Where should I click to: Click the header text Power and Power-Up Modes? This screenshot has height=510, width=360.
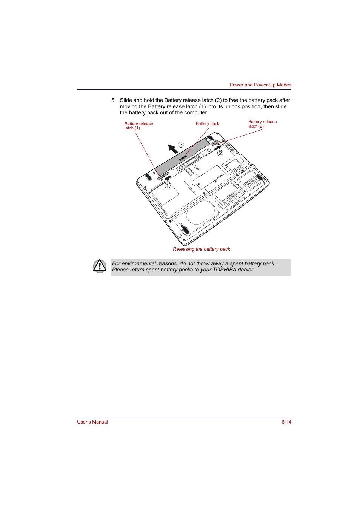[x=260, y=85]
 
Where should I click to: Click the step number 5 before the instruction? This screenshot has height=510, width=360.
[x=113, y=100]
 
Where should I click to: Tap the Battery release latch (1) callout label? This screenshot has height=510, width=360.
[x=138, y=126]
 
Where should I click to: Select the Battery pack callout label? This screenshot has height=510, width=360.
[x=207, y=123]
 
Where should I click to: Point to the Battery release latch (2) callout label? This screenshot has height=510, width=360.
[x=262, y=124]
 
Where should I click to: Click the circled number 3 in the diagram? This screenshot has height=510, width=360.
[x=181, y=145]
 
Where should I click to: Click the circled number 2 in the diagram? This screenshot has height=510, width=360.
[x=220, y=153]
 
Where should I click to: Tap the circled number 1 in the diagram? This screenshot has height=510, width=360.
[x=167, y=186]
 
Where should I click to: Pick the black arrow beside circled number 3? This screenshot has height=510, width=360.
[x=173, y=149]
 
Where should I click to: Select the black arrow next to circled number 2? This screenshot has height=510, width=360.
[x=218, y=148]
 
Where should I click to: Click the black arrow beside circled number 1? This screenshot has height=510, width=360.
[x=168, y=177]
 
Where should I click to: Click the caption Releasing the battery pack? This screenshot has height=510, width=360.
[x=202, y=249]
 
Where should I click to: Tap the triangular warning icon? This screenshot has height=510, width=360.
[x=100, y=266]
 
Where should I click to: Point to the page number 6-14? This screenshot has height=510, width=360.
[x=286, y=422]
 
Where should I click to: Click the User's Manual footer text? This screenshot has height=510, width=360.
[x=92, y=422]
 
